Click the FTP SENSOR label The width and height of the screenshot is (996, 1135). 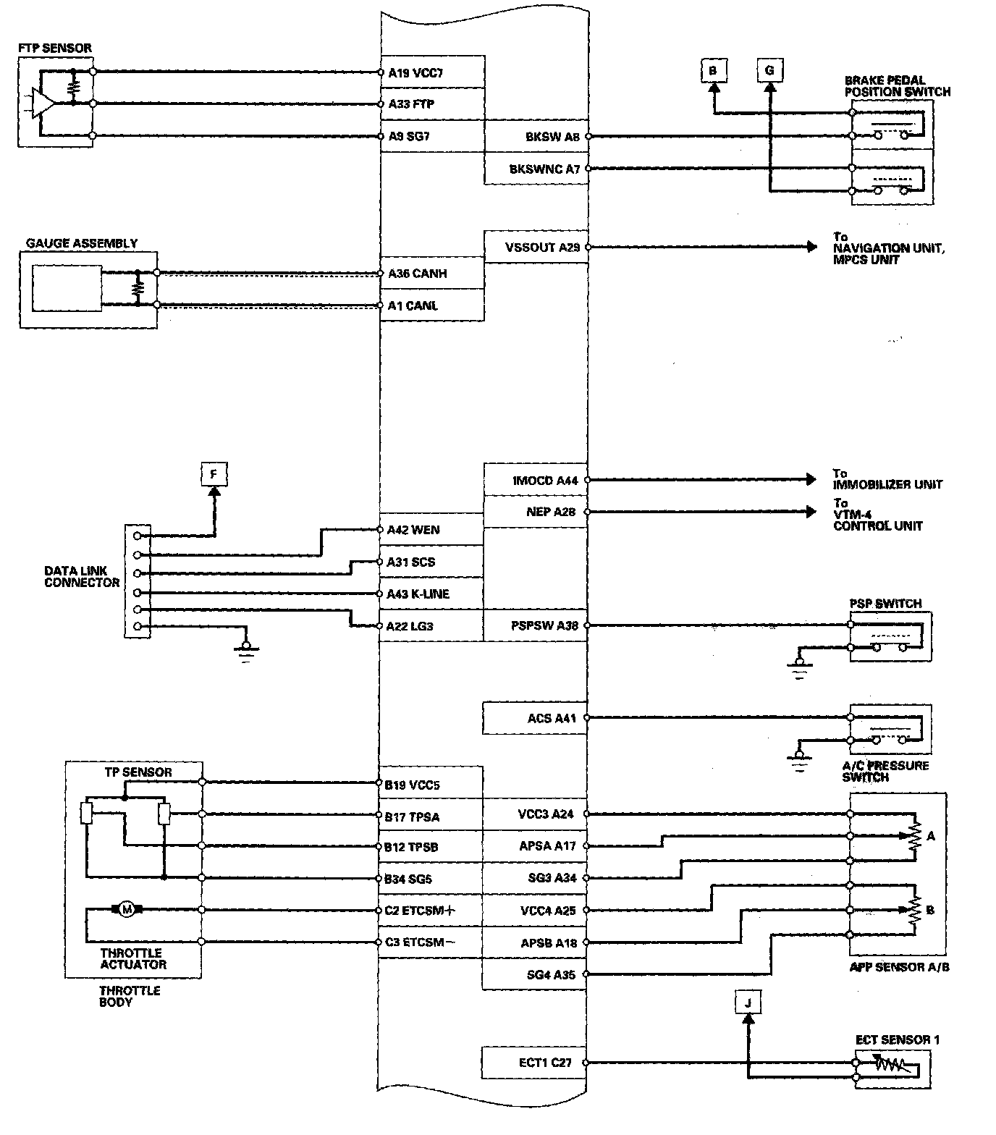click(55, 48)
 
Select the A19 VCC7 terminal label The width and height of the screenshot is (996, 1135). click(415, 72)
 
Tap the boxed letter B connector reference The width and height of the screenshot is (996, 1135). click(713, 70)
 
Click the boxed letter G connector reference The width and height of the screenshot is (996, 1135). click(769, 70)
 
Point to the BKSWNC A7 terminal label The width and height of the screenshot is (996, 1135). click(544, 169)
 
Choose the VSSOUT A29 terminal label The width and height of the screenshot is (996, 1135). click(542, 248)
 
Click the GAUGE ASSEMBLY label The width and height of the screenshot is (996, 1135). click(81, 244)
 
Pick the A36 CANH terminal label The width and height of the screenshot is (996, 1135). click(417, 274)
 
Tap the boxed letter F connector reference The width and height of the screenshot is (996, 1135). click(214, 475)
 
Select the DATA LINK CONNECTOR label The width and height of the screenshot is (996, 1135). click(82, 576)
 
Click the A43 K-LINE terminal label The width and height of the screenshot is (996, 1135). click(418, 594)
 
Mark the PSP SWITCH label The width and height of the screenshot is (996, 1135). click(885, 604)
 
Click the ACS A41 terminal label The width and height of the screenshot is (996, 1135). click(552, 719)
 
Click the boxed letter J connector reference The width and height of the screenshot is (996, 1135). click(748, 1003)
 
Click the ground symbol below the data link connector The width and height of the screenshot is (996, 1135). click(247, 649)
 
